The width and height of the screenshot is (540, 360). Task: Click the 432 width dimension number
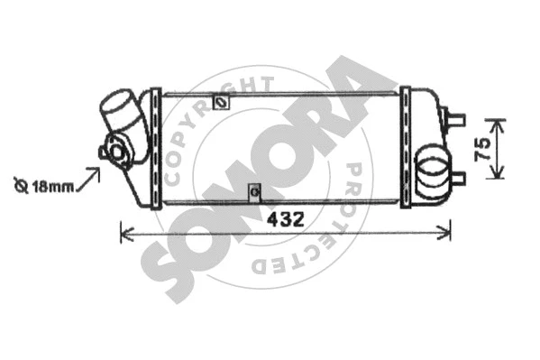point(286,219)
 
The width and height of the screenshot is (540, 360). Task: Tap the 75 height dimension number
point(482,149)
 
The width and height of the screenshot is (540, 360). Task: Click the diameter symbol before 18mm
point(21,186)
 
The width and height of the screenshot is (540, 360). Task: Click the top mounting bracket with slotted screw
point(221,102)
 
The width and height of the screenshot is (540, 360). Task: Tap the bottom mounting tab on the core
point(255,192)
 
